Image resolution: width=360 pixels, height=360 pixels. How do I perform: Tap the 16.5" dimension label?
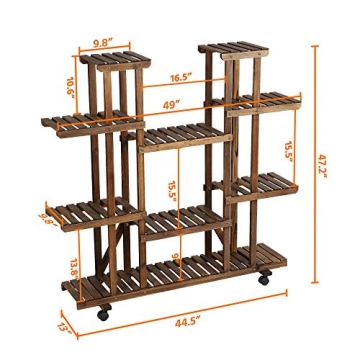181,77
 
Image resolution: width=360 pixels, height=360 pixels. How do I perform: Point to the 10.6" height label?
71,86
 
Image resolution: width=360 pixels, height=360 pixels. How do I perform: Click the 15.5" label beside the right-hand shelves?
289,150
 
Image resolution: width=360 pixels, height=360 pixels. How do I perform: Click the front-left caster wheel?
102,313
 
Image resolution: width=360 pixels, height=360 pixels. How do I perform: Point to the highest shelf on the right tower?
235,47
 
